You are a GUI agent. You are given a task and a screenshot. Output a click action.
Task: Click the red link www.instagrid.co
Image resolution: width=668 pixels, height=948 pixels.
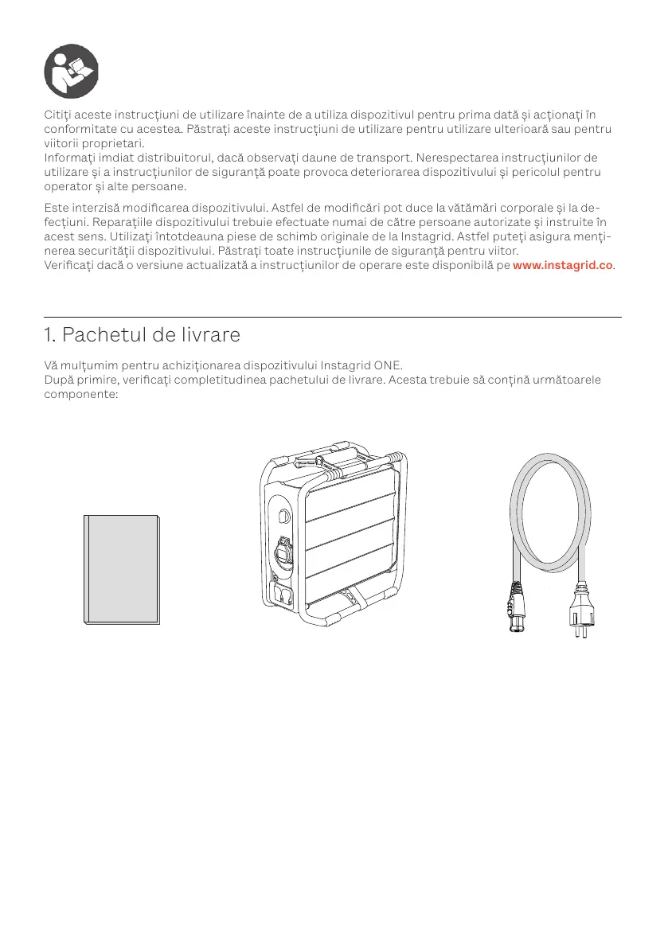tap(563, 265)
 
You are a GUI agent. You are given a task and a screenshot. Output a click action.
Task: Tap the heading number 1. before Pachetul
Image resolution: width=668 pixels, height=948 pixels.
tap(52, 335)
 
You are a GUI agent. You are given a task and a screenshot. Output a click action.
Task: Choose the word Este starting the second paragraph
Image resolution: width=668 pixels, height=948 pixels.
tap(57, 209)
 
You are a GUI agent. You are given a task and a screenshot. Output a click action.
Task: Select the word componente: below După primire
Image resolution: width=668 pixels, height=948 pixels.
tap(81, 393)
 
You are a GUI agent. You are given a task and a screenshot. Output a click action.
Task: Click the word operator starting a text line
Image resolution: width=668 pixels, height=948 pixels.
tap(70, 186)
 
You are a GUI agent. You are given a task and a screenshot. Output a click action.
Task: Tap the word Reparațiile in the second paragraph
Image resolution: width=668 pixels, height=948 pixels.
tap(122, 223)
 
